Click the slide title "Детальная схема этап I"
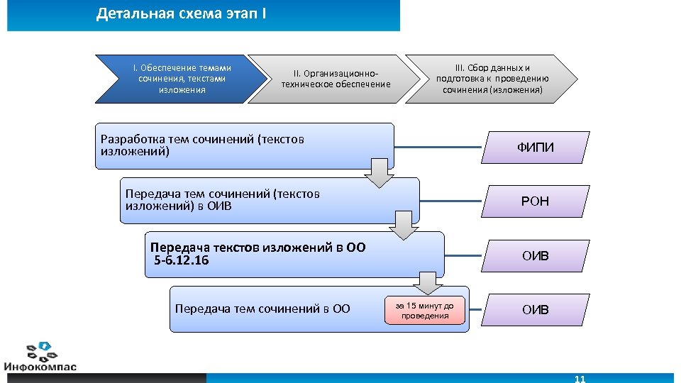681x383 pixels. pyautogui.click(x=182, y=14)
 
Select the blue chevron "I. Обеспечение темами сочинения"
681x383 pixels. pyautogui.click(x=182, y=79)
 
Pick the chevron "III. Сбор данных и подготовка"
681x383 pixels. pyautogui.click(x=492, y=79)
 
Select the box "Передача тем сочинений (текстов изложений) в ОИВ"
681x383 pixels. pyautogui.click(x=270, y=200)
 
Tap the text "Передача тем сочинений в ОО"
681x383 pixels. pyautogui.click(x=262, y=309)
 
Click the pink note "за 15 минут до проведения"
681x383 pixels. pyautogui.click(x=425, y=310)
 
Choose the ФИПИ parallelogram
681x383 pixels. pyautogui.click(x=535, y=147)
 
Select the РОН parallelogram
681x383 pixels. pyautogui.click(x=535, y=201)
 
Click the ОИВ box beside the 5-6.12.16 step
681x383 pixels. pyautogui.click(x=535, y=255)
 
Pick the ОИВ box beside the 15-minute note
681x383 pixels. pyautogui.click(x=535, y=310)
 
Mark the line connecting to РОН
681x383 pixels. pyautogui.click(x=450, y=201)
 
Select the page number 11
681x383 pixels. pyautogui.click(x=580, y=379)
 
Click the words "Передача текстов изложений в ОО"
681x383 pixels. pyautogui.click(x=258, y=248)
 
